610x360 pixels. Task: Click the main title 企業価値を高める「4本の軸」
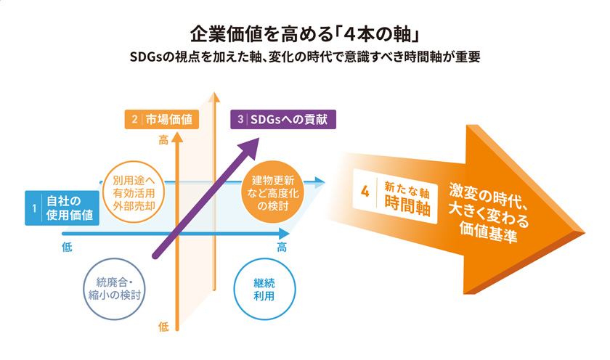(304, 34)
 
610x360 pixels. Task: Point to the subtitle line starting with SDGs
(304, 57)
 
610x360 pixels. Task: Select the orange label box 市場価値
(162, 119)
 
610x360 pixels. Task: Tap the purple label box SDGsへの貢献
(283, 119)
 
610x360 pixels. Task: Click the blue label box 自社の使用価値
(62, 208)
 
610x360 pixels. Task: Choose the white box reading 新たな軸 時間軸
(395, 196)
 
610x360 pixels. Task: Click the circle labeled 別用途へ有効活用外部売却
(134, 192)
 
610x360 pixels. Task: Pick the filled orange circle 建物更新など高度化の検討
(273, 192)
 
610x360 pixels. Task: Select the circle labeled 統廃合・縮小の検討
(115, 289)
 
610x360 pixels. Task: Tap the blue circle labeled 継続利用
(264, 289)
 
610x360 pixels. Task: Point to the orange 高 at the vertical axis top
(163, 140)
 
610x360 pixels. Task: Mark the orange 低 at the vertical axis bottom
(163, 327)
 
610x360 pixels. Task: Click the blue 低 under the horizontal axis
(67, 247)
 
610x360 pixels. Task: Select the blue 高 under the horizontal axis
(282, 247)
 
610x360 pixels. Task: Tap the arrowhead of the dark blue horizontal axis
(285, 234)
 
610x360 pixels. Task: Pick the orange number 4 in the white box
(365, 192)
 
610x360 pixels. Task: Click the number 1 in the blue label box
(34, 208)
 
